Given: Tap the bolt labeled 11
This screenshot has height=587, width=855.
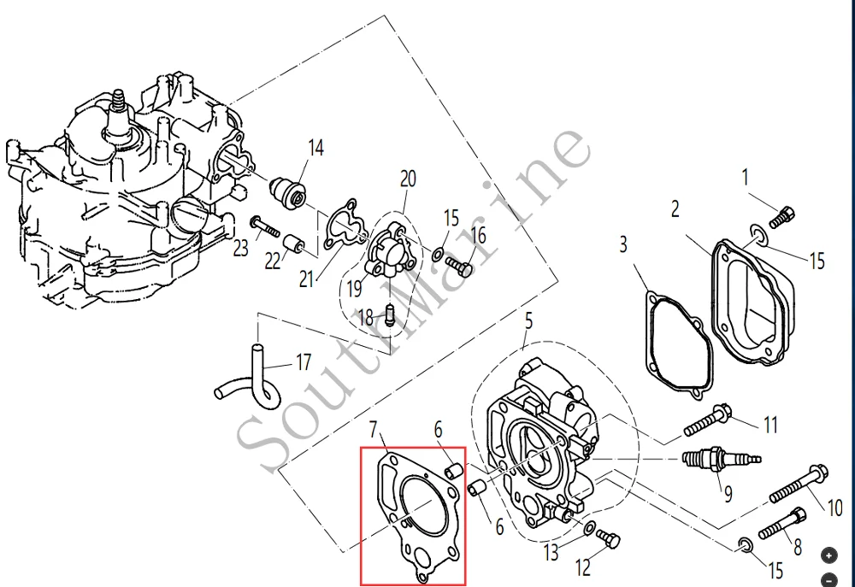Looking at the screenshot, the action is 706,419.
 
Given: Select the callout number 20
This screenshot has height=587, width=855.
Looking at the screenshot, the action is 408,179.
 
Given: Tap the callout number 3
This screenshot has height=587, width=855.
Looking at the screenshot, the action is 623,244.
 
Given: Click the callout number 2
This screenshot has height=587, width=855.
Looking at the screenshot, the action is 675,208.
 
